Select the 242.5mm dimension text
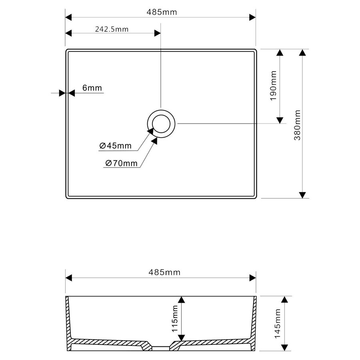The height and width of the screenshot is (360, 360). coord(112,29)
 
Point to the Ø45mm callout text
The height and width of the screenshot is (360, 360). coord(116,146)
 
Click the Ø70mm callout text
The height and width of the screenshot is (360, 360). coord(122,163)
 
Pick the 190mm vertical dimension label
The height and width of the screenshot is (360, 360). coord(274,86)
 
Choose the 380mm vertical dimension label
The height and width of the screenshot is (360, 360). coord(297,125)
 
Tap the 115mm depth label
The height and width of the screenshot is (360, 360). coord(174,319)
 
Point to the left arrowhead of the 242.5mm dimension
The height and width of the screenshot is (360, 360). coord(68,34)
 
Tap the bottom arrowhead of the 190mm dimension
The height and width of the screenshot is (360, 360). coord(280,120)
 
